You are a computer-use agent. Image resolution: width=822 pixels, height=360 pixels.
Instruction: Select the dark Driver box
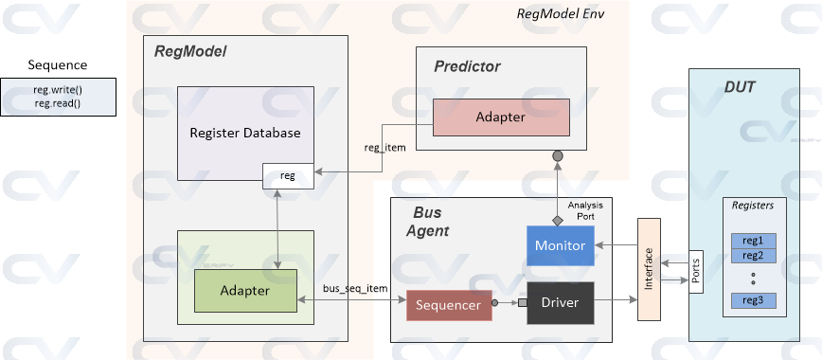click(x=560, y=303)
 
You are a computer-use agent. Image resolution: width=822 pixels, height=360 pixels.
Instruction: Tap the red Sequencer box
click(x=449, y=305)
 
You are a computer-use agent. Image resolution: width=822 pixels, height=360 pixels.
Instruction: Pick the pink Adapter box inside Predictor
click(x=501, y=117)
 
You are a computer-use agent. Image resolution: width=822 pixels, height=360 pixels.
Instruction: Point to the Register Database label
click(x=245, y=133)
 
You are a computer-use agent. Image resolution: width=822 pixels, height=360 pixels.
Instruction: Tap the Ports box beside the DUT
click(x=696, y=272)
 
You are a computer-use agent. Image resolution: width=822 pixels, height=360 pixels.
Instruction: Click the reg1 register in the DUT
click(x=754, y=241)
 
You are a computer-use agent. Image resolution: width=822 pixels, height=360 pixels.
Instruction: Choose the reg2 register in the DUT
click(x=754, y=255)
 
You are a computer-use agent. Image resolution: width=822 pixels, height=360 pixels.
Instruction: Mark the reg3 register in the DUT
click(x=754, y=300)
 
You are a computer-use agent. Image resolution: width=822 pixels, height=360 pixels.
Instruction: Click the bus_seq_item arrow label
click(x=356, y=286)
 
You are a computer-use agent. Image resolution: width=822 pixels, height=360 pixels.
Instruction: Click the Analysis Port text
click(x=585, y=209)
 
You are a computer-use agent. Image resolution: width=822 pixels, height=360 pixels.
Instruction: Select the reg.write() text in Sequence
click(x=58, y=90)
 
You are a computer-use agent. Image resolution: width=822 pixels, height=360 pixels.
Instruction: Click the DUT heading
click(x=739, y=86)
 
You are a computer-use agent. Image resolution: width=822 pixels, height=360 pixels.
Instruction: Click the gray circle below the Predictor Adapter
click(x=558, y=155)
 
